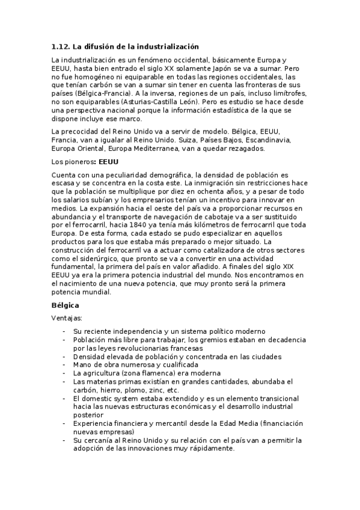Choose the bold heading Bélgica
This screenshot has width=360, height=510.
(x=66, y=306)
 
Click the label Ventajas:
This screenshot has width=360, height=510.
(x=67, y=318)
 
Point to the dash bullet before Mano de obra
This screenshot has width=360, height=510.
(x=64, y=364)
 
